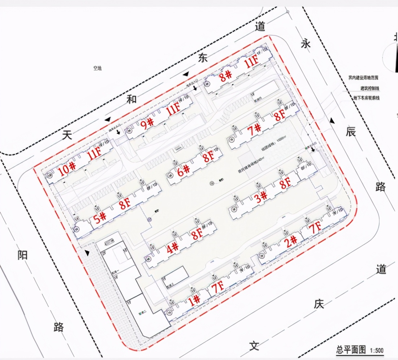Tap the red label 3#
pyautogui.click(x=261, y=197)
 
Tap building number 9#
pyautogui.click(x=147, y=124)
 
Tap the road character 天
pyautogui.click(x=67, y=136)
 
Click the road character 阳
pyautogui.click(x=22, y=256)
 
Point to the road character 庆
pyautogui.click(x=319, y=304)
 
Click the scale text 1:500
pyautogui.click(x=376, y=350)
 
